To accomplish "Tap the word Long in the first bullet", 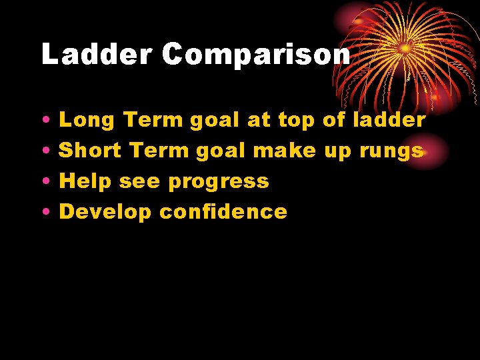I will [87, 121].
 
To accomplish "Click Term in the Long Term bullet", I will [153, 121].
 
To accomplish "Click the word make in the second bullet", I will [285, 151].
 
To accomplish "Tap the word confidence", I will [223, 212].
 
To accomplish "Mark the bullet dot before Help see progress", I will [43, 183].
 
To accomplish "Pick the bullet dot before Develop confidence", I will [43, 213].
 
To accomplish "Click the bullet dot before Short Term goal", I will [43, 152].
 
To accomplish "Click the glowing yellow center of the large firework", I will [405, 49].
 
